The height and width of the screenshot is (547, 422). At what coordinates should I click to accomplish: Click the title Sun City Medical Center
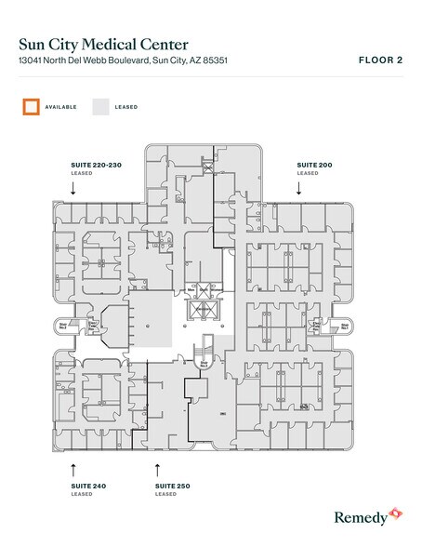tap(102, 44)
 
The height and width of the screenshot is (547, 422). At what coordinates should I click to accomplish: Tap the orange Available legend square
tap(30, 106)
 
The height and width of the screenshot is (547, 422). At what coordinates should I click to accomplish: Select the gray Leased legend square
tap(99, 106)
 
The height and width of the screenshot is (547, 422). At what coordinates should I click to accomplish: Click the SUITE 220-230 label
tap(97, 165)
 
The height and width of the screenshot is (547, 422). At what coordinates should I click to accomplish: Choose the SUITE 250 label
tap(173, 486)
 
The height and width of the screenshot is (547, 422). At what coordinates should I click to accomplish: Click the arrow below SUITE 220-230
tap(73, 186)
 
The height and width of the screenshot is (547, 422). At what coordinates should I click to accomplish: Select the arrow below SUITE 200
tap(299, 186)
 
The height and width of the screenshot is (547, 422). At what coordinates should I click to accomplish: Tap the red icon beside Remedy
tap(394, 513)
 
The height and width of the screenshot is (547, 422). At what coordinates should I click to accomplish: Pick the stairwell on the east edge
tap(341, 327)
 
